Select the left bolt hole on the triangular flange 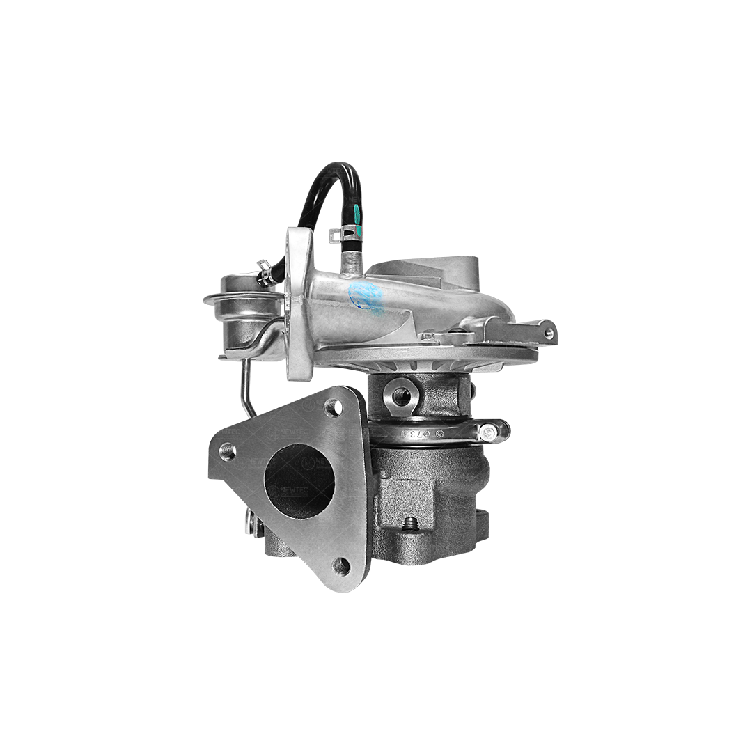point(227,453)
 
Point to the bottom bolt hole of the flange point(340,565)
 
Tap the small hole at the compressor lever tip point(549,334)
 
